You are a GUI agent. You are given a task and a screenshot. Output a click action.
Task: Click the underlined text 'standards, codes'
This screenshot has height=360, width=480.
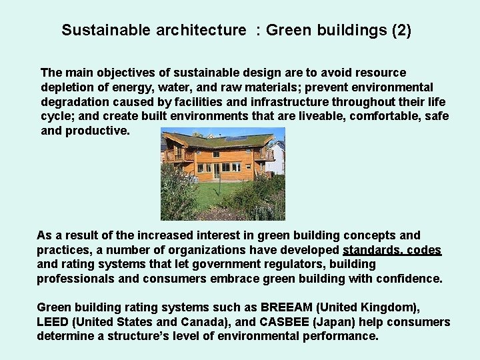click(392, 250)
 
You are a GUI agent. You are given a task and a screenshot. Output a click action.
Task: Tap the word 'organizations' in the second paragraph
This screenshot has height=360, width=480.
click(173, 250)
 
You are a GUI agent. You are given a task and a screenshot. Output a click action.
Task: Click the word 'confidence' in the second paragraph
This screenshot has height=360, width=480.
click(406, 279)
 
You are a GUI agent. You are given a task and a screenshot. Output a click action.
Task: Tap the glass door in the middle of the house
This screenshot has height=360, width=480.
click(217, 171)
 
